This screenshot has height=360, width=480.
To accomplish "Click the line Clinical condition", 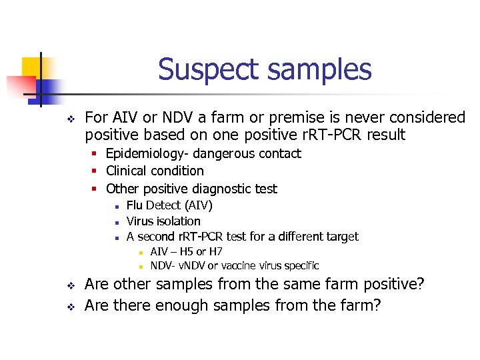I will [x=155, y=171].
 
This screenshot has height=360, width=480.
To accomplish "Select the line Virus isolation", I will [x=163, y=221].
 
